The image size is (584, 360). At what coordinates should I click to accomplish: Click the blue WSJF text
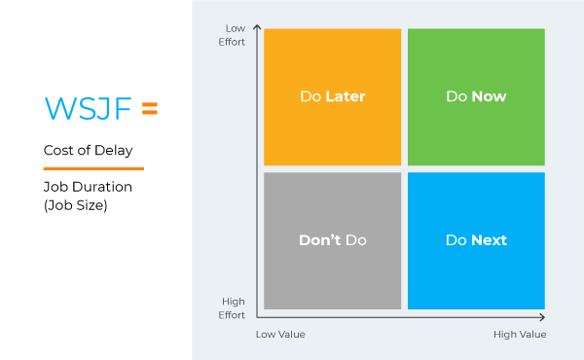click(x=88, y=109)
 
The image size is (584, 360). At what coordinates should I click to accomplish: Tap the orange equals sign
click(x=149, y=109)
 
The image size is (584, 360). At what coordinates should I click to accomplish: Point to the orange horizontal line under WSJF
click(x=93, y=168)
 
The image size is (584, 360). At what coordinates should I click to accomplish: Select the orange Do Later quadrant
click(x=332, y=96)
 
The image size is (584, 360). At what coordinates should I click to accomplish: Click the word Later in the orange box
click(x=346, y=96)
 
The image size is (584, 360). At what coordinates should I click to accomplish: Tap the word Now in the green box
click(x=489, y=96)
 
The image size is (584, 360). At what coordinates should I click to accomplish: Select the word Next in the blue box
click(x=489, y=240)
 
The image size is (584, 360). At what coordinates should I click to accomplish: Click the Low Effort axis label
click(x=234, y=35)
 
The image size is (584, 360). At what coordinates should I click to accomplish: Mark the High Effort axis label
click(x=234, y=308)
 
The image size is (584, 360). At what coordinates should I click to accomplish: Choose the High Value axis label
click(x=520, y=335)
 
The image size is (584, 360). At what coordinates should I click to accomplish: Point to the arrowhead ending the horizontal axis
click(x=541, y=317)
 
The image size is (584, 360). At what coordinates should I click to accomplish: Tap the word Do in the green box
click(x=456, y=96)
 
